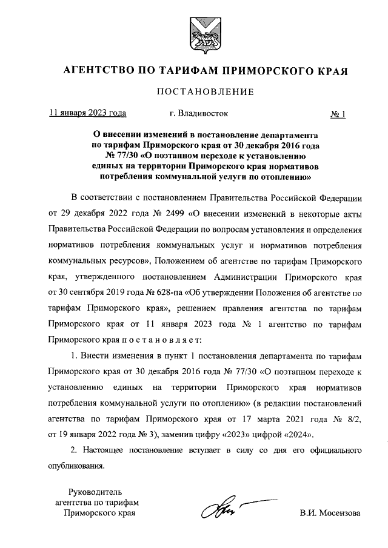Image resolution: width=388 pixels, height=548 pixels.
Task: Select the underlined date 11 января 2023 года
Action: pyautogui.click(x=88, y=113)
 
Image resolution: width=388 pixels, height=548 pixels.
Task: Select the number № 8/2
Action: pyautogui.click(x=347, y=418)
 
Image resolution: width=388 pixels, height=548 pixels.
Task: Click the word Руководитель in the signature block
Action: pyautogui.click(x=96, y=491)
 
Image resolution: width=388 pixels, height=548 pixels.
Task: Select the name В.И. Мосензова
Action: pyautogui.click(x=329, y=513)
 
